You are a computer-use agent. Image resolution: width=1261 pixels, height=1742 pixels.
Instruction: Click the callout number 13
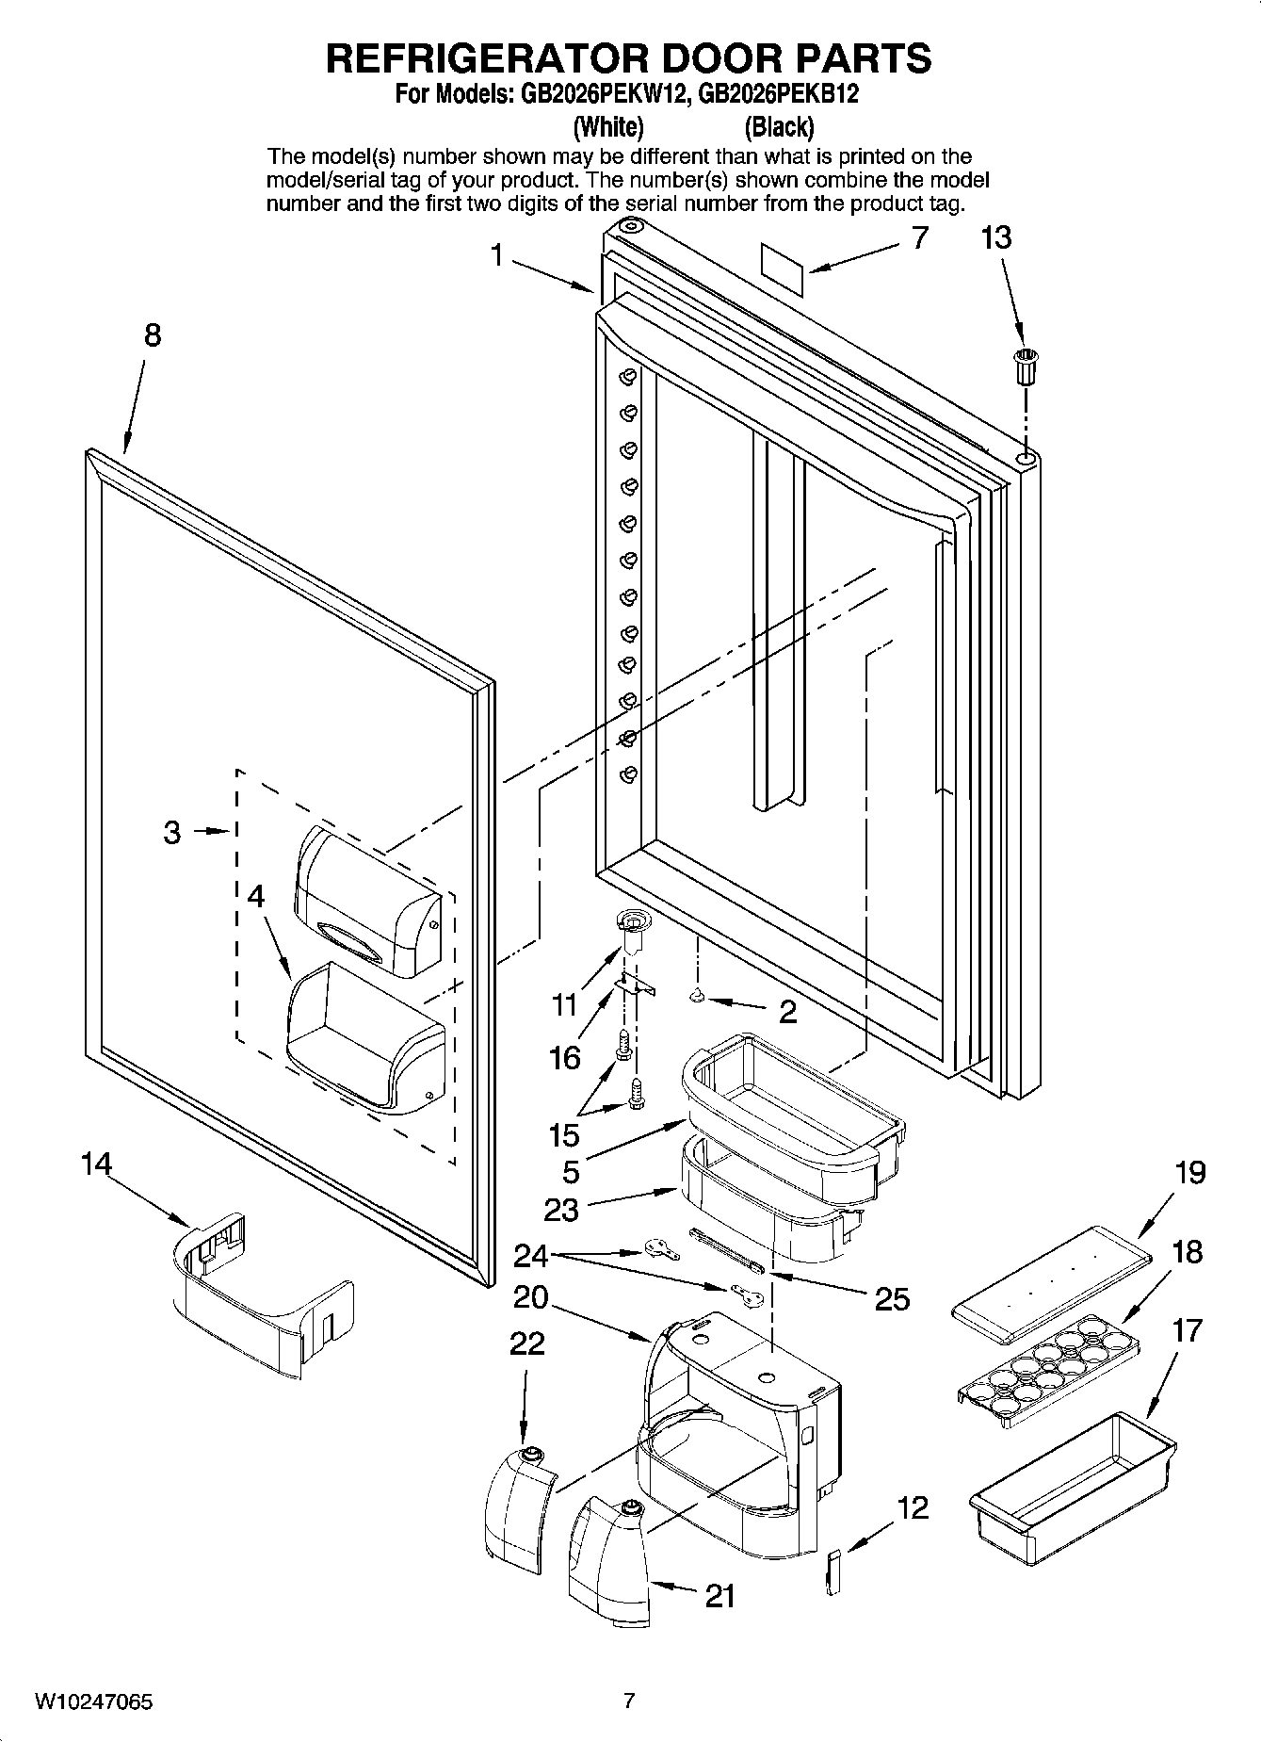pos(996,237)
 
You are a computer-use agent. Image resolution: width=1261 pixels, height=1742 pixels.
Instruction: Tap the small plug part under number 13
pos(1024,365)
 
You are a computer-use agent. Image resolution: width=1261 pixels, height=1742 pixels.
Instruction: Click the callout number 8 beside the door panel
pos(152,334)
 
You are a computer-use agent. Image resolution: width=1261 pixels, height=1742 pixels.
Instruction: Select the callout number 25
pos(892,1298)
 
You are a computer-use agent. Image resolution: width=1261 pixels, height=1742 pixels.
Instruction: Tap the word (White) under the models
pos(608,126)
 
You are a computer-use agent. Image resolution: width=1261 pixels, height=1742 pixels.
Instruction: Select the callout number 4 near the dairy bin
pos(255,896)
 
